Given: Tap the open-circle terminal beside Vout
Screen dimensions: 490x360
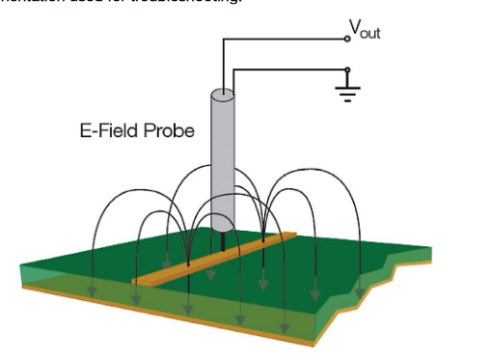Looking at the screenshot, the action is pyautogui.click(x=347, y=40).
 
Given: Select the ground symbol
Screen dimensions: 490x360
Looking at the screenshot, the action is pyautogui.click(x=346, y=93).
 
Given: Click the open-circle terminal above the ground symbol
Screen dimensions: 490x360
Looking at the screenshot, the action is pyautogui.click(x=347, y=69).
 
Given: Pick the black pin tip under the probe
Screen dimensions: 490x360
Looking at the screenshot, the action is pyautogui.click(x=224, y=235).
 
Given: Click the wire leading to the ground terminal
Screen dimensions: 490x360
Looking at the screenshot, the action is pyautogui.click(x=289, y=69).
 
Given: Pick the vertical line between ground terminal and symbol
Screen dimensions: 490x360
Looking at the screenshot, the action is pyautogui.click(x=347, y=79).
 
